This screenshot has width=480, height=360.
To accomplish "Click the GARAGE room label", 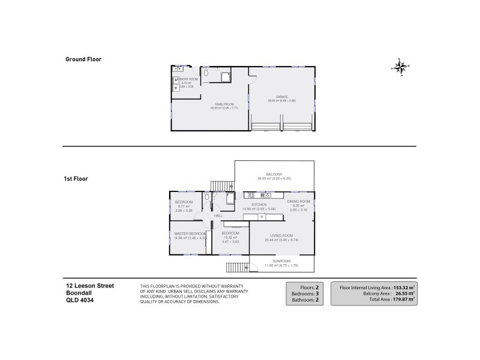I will pos(282,97).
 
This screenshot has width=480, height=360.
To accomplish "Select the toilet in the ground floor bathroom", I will pos(206,72).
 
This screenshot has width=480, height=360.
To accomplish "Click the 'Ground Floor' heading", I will pos(83,59).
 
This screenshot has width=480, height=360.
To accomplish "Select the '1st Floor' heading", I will pos(77,178).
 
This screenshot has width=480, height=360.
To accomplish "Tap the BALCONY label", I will pos(274,175).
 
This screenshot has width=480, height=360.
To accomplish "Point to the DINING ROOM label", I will pos(299,202).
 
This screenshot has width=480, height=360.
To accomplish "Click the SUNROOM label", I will pos(281,261).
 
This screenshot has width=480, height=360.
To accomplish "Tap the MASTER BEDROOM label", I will pos(190,233).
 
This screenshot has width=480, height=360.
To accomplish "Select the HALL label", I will pos(217,215).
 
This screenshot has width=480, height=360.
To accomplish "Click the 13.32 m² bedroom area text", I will pos(230,237).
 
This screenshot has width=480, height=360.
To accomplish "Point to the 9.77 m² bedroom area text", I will pos(183,206).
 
